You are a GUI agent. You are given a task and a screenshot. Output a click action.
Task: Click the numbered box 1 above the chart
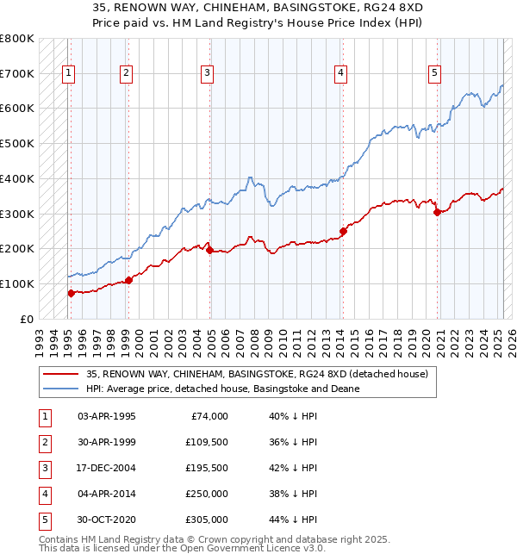(x=67, y=74)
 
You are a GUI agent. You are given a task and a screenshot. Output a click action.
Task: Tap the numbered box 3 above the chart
(x=208, y=74)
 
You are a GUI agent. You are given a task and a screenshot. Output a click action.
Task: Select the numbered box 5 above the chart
(x=434, y=74)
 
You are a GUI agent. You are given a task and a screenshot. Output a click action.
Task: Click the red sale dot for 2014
(x=343, y=231)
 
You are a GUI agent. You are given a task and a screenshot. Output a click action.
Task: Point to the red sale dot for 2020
(x=437, y=212)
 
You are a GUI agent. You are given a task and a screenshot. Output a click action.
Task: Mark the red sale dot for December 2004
(x=210, y=250)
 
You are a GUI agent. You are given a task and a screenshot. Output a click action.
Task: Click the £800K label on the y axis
(x=17, y=39)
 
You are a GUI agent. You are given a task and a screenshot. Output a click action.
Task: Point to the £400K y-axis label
(x=17, y=178)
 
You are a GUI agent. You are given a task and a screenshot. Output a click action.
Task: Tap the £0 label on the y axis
(x=26, y=319)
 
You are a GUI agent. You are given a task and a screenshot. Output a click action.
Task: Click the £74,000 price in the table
(x=209, y=416)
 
